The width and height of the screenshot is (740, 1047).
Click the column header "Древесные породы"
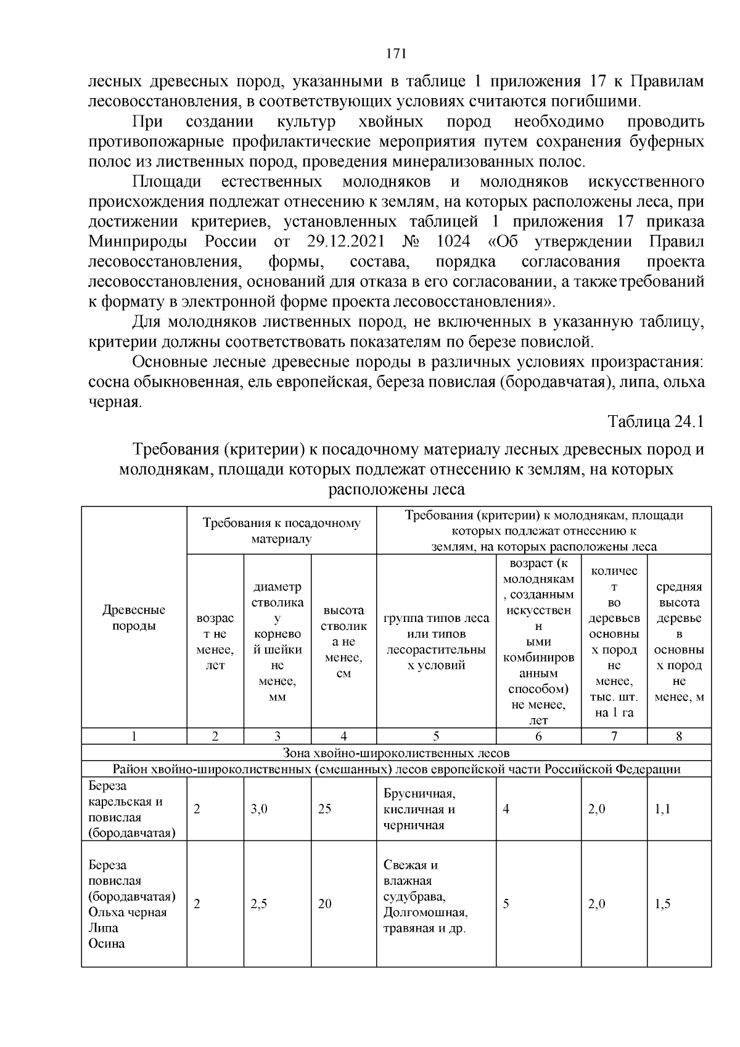[x=134, y=618]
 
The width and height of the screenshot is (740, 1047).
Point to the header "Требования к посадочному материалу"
[x=282, y=531]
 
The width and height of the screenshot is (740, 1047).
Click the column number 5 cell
[x=435, y=736]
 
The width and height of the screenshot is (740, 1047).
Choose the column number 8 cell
[x=679, y=736]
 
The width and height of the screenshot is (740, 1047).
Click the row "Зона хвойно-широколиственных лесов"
[x=396, y=753]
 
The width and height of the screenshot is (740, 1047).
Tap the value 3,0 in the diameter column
[x=259, y=809]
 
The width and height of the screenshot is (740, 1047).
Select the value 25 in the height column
[x=325, y=809]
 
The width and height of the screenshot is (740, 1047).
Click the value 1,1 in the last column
[x=662, y=809]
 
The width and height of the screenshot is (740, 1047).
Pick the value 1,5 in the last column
[x=662, y=904]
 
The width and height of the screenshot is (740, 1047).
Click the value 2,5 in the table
[x=259, y=904]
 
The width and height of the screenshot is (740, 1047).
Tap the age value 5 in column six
[x=506, y=904]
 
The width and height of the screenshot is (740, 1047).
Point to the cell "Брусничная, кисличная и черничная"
[x=419, y=809]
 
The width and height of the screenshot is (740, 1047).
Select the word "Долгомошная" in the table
[x=425, y=912]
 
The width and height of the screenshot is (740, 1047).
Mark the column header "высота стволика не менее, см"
[x=343, y=642]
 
